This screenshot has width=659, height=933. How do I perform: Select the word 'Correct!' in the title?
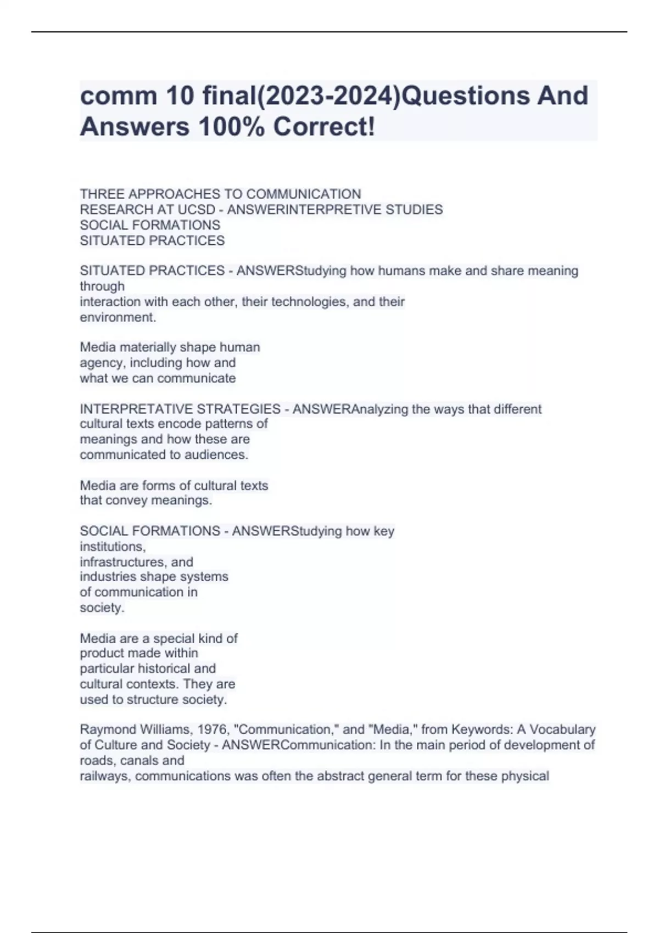(x=325, y=127)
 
